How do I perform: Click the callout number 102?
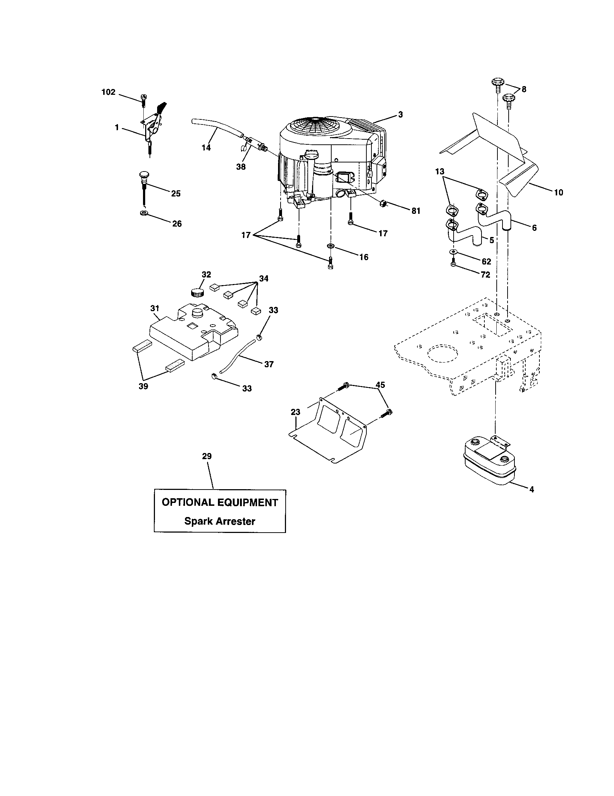(x=108, y=92)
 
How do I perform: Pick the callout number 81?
(x=416, y=211)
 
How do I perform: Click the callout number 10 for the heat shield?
(x=558, y=192)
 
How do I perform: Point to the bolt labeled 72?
(x=453, y=264)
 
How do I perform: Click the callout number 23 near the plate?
(x=295, y=412)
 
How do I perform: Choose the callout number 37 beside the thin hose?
(x=269, y=364)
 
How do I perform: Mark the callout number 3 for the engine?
(x=400, y=114)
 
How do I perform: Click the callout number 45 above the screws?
(x=380, y=385)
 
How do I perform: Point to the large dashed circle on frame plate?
(x=442, y=352)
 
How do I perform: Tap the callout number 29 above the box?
(x=207, y=456)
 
